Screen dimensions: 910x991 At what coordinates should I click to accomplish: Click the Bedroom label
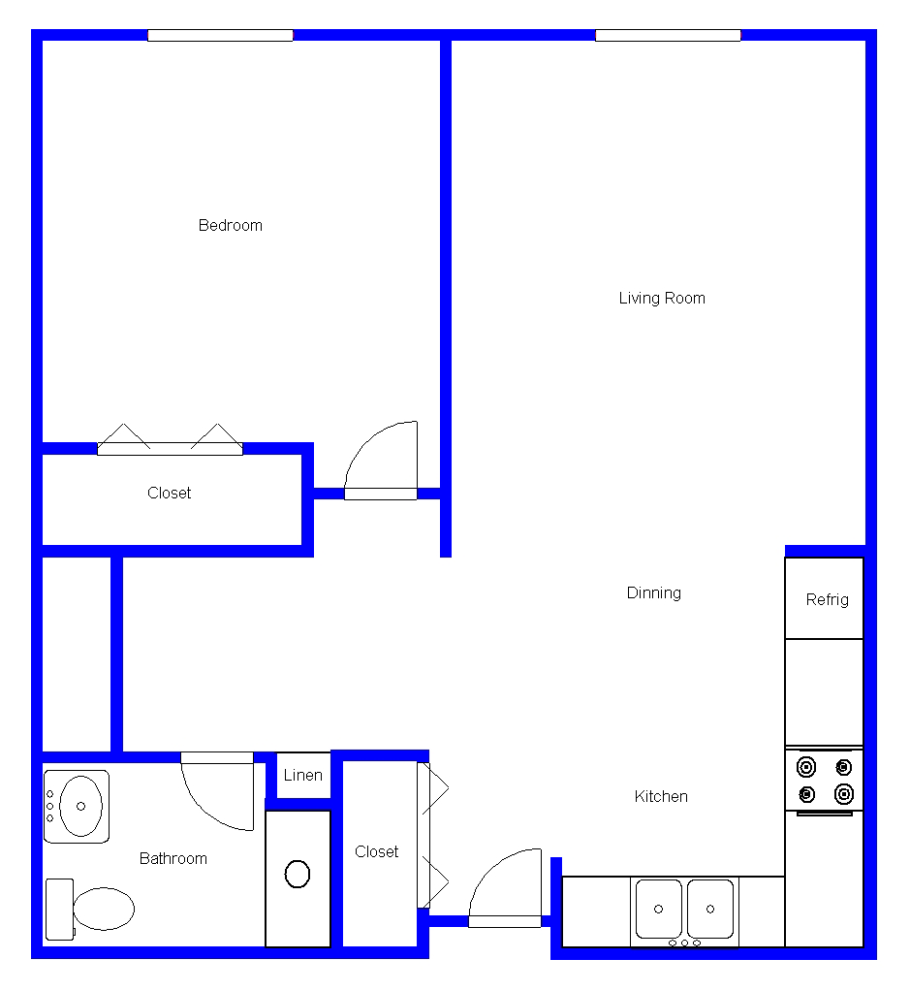click(x=230, y=226)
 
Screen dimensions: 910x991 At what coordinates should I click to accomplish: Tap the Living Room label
click(x=662, y=299)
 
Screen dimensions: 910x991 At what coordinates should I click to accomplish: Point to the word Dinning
click(x=653, y=592)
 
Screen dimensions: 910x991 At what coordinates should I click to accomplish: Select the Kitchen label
click(x=661, y=796)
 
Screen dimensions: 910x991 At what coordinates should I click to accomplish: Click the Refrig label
click(x=827, y=600)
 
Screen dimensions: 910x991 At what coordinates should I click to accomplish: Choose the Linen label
click(x=302, y=775)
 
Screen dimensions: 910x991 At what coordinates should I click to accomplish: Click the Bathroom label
click(x=173, y=858)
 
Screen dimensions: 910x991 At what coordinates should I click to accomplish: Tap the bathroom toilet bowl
click(x=104, y=909)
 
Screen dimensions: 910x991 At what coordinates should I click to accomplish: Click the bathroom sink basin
click(x=80, y=806)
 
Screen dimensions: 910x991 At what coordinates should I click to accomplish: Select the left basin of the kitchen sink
click(x=659, y=909)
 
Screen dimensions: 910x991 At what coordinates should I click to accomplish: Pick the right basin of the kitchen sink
click(x=710, y=909)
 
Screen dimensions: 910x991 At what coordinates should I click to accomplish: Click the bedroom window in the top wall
click(x=220, y=35)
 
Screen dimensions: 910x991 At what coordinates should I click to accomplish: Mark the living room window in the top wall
click(x=668, y=35)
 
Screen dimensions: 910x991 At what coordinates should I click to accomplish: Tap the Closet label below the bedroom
click(x=169, y=493)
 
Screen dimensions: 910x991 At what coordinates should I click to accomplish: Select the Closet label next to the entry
click(x=376, y=852)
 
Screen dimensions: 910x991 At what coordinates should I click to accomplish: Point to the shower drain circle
click(x=298, y=874)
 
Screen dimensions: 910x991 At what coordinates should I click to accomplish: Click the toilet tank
click(x=60, y=910)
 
